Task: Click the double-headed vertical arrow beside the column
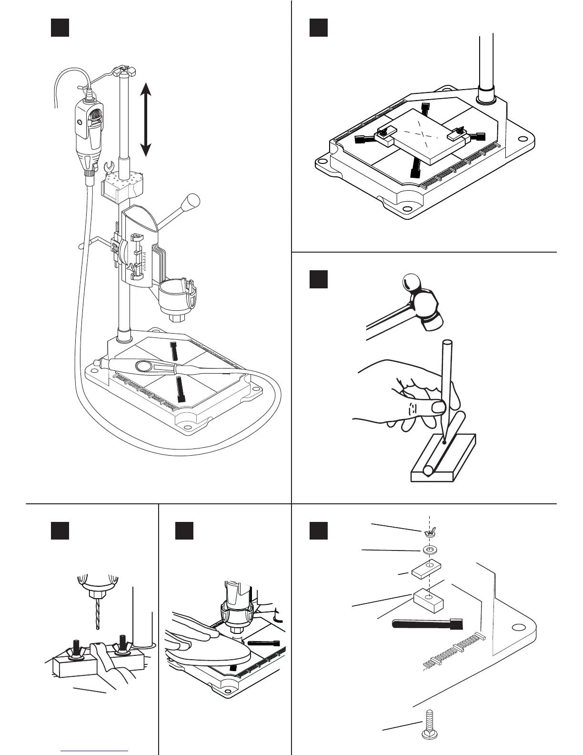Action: [146, 119]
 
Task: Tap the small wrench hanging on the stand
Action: [108, 167]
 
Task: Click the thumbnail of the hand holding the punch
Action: [438, 407]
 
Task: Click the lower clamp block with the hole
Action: [429, 601]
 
